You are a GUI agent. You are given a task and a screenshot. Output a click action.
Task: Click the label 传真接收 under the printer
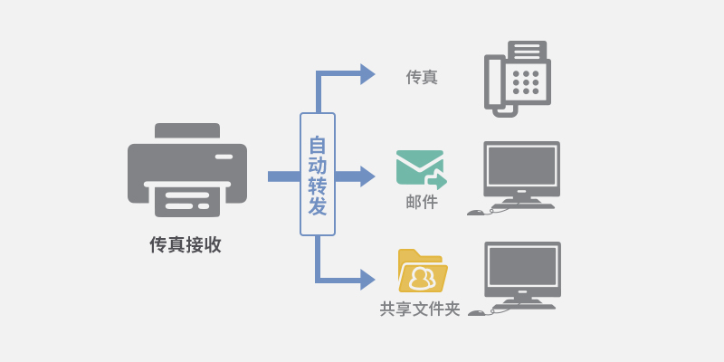[x=186, y=245]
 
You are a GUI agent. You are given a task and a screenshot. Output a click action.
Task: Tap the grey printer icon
[x=187, y=170]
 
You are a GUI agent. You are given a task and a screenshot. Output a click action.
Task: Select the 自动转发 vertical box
[x=318, y=174]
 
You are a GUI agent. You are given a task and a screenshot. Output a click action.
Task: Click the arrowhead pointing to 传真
[x=367, y=74]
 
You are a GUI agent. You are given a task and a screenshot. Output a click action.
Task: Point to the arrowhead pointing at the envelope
[x=367, y=176]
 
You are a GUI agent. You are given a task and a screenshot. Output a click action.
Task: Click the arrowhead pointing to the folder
[x=367, y=280]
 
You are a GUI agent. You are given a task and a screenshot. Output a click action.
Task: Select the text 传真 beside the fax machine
[x=422, y=77]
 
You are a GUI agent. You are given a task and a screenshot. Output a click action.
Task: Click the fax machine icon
[x=518, y=79]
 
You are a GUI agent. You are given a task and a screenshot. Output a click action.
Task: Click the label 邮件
[x=422, y=202]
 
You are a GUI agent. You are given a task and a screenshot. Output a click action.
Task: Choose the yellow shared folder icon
[x=423, y=271]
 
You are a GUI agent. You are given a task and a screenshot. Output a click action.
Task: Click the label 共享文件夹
[x=420, y=309]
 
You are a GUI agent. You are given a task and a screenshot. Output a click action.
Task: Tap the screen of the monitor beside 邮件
[x=522, y=167]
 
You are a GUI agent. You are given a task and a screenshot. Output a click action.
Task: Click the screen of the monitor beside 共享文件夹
[x=523, y=266]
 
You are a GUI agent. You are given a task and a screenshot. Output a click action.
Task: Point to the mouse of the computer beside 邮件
[x=476, y=213]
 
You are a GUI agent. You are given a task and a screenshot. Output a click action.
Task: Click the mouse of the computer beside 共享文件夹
[x=477, y=313]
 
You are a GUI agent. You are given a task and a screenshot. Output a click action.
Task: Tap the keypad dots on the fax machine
[x=526, y=82]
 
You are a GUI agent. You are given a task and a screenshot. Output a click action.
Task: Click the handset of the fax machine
[x=492, y=82]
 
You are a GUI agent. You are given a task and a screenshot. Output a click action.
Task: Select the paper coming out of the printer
[x=187, y=201]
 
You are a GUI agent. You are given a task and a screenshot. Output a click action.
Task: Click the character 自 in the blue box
[x=318, y=144]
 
